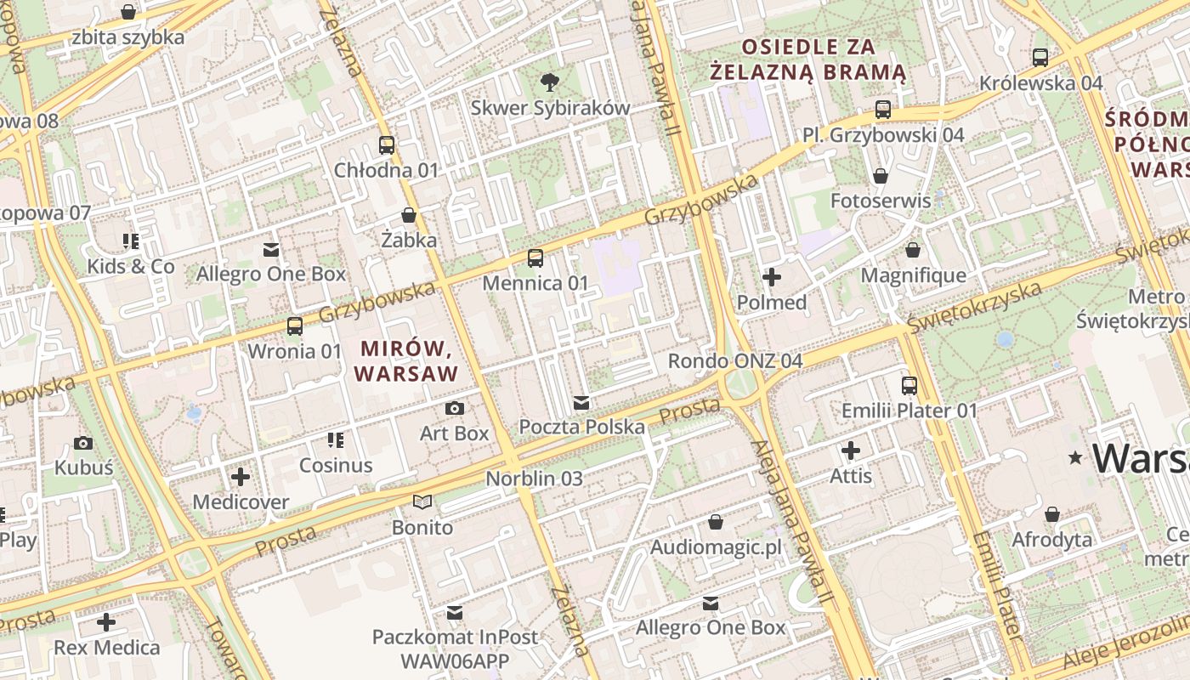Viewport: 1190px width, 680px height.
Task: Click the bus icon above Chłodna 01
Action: [x=387, y=145]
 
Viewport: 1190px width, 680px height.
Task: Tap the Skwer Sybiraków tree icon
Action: [x=550, y=82]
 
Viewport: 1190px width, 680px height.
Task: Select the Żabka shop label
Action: [x=409, y=240]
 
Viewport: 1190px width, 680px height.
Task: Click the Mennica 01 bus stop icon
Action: [x=535, y=258]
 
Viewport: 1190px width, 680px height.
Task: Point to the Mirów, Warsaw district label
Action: [x=405, y=360]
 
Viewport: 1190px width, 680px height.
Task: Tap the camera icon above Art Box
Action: [x=455, y=409]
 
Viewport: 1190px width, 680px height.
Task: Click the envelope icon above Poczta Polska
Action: [x=581, y=402]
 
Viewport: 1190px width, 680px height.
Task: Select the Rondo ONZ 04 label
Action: [x=734, y=360]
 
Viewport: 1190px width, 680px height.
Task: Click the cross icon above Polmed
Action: [x=772, y=277]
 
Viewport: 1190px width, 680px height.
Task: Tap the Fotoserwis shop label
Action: [x=881, y=201]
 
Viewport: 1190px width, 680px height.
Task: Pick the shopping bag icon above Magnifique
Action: [x=913, y=250]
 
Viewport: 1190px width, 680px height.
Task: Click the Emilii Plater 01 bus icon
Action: [x=909, y=386]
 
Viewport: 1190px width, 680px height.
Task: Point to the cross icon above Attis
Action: [x=851, y=450]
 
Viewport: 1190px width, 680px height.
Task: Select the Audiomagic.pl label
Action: [x=716, y=547]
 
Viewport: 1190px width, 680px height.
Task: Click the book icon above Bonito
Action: [x=422, y=502]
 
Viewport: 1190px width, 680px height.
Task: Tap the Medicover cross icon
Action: [x=241, y=477]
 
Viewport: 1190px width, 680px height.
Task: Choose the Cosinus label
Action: [x=336, y=465]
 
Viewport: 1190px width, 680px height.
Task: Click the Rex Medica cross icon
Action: [x=106, y=622]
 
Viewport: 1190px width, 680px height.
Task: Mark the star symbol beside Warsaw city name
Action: [x=1076, y=458]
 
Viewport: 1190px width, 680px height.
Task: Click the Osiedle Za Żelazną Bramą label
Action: [x=808, y=59]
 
